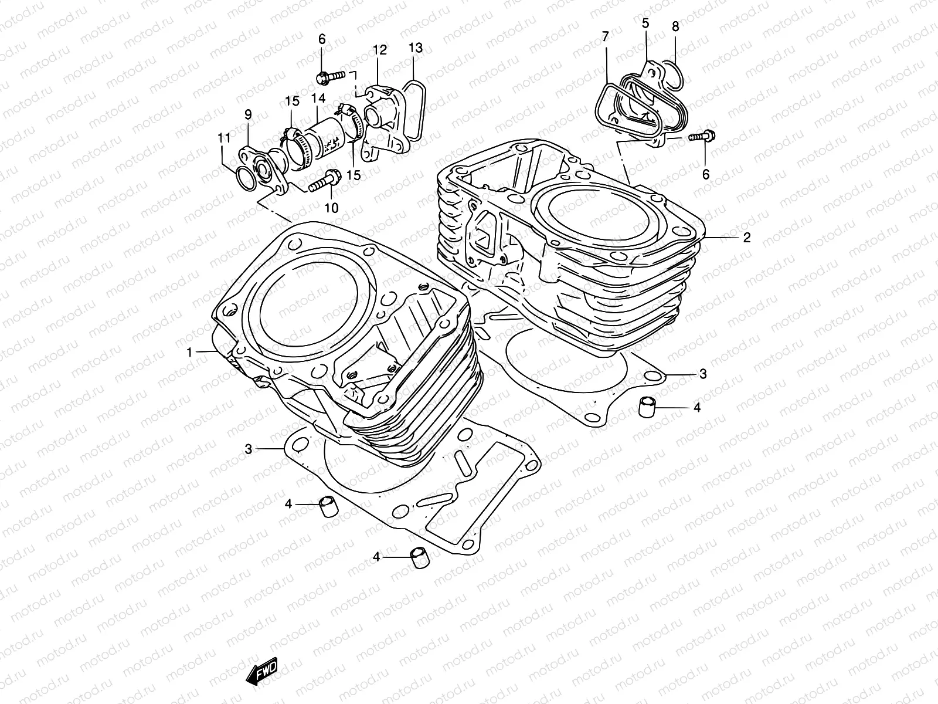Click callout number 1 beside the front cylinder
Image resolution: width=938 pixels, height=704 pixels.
[189, 352]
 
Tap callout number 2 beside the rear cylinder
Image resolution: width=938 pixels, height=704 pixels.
[747, 238]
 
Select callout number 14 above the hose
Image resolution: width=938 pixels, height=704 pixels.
[318, 99]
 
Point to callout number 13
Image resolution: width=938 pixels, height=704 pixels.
[415, 48]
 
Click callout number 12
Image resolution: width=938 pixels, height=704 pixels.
[379, 50]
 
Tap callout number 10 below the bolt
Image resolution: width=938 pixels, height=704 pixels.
[331, 208]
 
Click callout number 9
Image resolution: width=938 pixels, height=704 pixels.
[247, 114]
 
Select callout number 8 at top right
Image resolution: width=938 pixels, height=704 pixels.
[675, 26]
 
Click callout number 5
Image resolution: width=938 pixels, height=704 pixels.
[645, 23]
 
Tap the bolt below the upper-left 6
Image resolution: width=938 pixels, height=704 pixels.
[330, 76]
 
